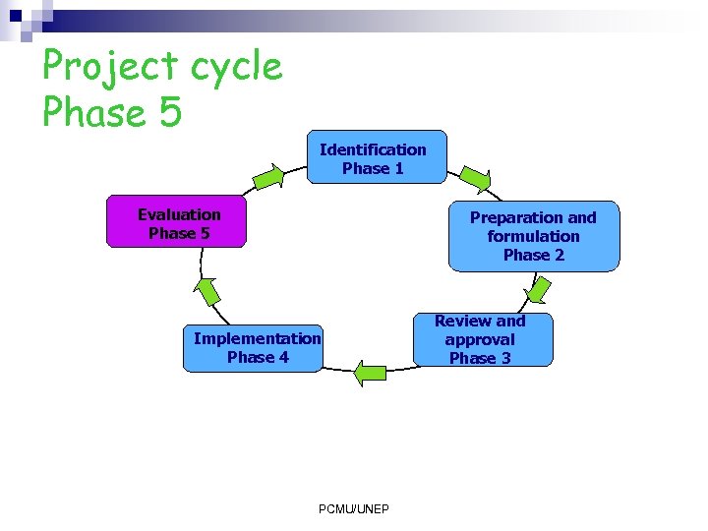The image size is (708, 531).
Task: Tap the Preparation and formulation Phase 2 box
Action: pos(534,236)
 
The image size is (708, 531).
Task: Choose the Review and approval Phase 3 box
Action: pos(481,339)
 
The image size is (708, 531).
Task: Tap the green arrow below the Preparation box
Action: pos(540,289)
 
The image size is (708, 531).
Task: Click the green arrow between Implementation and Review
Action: pos(371,373)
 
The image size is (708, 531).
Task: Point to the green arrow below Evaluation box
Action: pos(207,291)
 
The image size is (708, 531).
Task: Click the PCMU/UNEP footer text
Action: pos(354,508)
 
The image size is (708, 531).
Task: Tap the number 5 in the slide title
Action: pos(169,112)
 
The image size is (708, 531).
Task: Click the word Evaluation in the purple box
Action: pos(179,214)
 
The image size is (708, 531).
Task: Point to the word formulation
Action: pos(533,236)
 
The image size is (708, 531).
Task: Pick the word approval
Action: pos(480,339)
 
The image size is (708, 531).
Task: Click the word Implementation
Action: pos(257,338)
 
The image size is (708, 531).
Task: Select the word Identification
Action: pos(373,149)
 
